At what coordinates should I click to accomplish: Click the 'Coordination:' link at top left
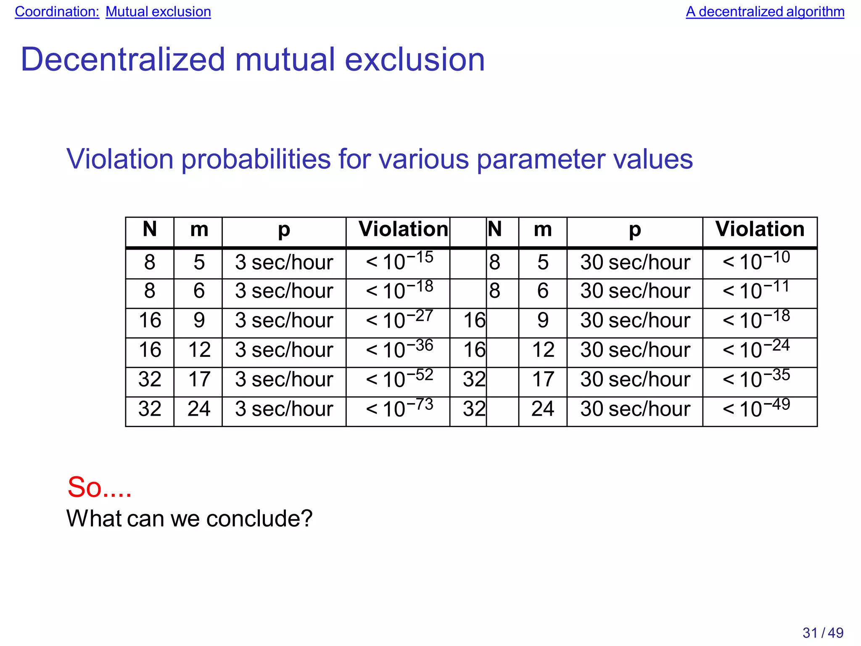(x=57, y=12)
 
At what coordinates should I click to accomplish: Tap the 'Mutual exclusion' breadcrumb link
(x=158, y=12)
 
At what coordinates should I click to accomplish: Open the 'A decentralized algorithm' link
(x=765, y=12)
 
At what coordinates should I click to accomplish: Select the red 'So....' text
(x=99, y=488)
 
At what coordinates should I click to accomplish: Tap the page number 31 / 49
(x=823, y=633)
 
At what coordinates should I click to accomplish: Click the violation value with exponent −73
(x=399, y=408)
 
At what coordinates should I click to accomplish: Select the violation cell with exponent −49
(x=756, y=408)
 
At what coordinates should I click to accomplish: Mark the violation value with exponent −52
(x=399, y=379)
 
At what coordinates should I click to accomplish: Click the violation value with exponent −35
(x=756, y=379)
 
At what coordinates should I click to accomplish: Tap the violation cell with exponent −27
(x=399, y=320)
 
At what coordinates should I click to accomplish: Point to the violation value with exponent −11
(x=756, y=290)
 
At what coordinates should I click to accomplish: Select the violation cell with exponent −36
(x=399, y=349)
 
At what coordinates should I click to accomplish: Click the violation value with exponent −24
(x=756, y=349)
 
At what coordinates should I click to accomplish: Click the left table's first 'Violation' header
(x=403, y=229)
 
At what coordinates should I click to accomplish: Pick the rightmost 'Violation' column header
(x=760, y=229)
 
